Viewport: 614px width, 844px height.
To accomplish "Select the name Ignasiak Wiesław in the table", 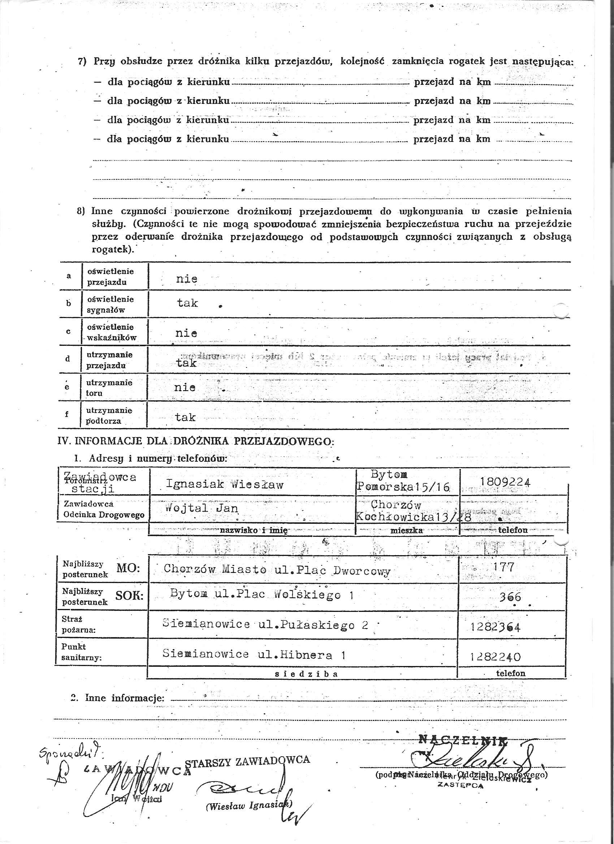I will (x=225, y=484).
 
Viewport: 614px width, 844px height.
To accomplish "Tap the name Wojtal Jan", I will (x=202, y=508).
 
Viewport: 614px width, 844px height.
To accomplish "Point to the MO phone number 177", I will (x=503, y=567).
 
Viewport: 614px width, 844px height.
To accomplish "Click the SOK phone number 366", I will (x=510, y=597).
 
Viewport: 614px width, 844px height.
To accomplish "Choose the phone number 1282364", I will (x=495, y=627).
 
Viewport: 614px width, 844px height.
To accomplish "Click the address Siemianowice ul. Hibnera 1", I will (x=254, y=654).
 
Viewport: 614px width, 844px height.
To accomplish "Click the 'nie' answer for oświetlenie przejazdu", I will (x=186, y=279).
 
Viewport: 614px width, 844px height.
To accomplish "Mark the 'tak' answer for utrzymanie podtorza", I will (x=185, y=417).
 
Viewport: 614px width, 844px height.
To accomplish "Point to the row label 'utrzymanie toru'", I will (x=109, y=388).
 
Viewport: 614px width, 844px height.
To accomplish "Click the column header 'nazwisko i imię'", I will (x=253, y=530).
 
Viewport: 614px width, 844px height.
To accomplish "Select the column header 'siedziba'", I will (x=306, y=674).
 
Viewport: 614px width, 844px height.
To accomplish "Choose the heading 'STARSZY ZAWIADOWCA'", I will (x=247, y=760).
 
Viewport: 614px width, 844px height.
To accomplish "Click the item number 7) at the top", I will (x=82, y=61).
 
